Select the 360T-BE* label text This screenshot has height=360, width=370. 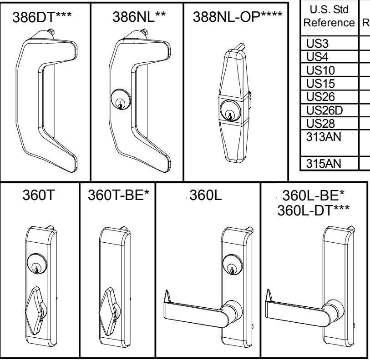pyautogui.click(x=117, y=198)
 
